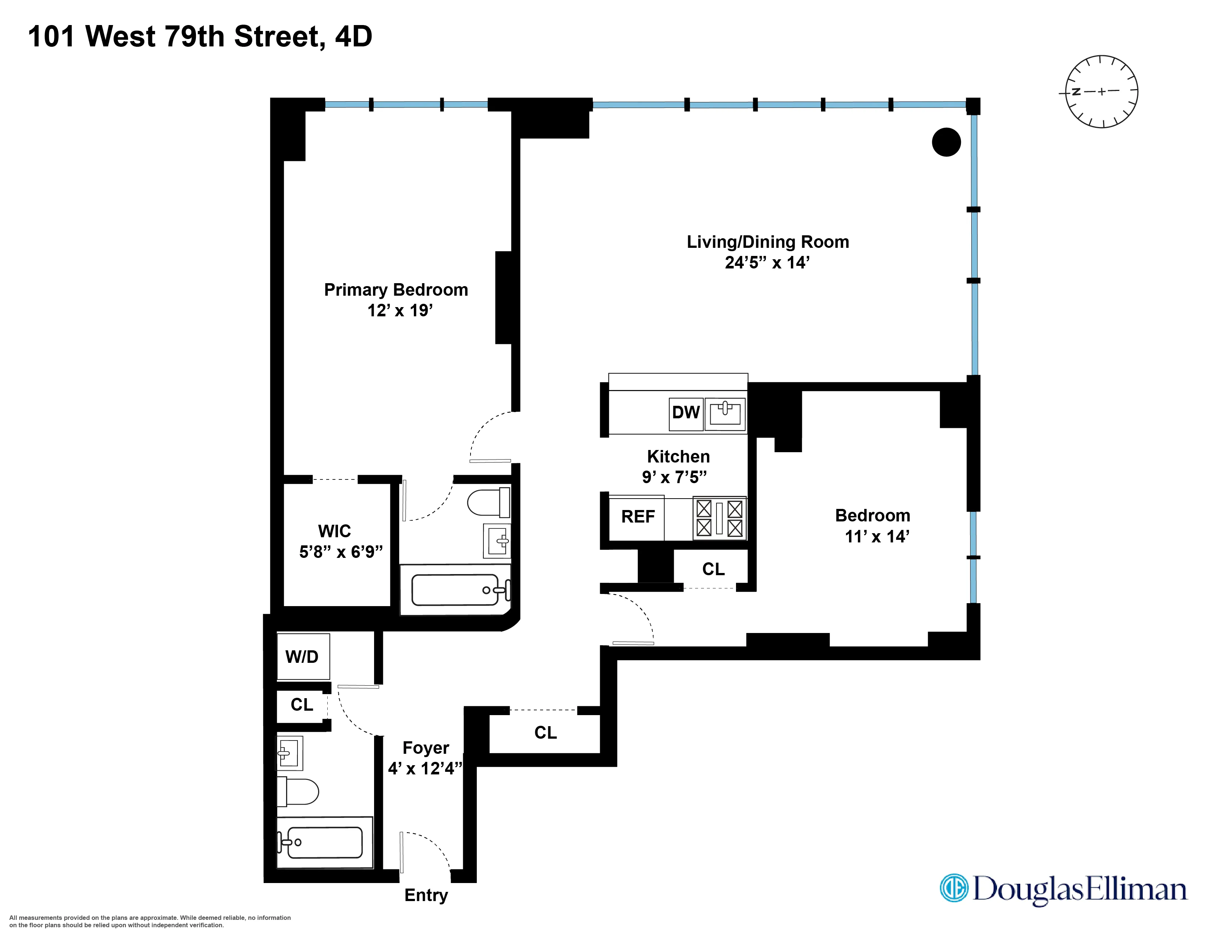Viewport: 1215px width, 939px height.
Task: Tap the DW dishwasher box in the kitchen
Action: (686, 413)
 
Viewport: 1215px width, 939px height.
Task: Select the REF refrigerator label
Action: (638, 517)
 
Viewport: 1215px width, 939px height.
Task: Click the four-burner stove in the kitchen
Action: (719, 518)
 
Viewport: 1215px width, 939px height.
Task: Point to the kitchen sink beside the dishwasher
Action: (725, 413)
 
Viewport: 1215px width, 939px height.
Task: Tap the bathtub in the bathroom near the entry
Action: (324, 842)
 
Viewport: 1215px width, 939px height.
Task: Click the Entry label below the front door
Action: (426, 895)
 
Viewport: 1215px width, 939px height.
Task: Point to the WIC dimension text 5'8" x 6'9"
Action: (341, 552)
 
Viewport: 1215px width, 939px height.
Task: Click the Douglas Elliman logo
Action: (1063, 889)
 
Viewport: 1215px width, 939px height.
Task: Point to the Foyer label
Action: (426, 748)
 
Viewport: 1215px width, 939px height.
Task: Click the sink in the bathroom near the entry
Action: (290, 753)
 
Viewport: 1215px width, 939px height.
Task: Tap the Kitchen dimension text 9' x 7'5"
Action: (674, 477)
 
